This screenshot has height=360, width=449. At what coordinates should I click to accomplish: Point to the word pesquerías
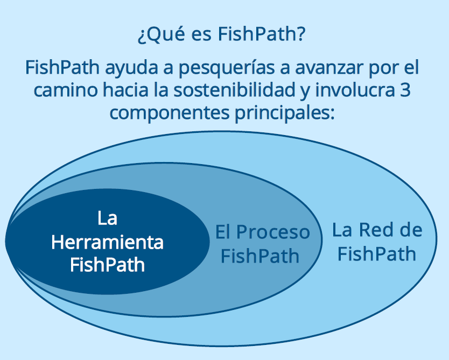[x=227, y=68]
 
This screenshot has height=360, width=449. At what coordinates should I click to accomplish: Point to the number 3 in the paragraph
[x=405, y=90]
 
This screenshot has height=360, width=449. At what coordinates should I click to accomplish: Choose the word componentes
[x=170, y=113]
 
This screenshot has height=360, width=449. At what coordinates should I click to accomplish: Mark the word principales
[x=285, y=112]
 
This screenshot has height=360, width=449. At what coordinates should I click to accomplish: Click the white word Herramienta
[x=107, y=242]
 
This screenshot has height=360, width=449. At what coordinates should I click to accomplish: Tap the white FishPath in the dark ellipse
[x=107, y=264]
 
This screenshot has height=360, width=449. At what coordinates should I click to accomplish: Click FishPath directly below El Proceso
[x=260, y=256]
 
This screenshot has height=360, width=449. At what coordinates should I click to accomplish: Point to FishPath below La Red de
[x=376, y=253]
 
